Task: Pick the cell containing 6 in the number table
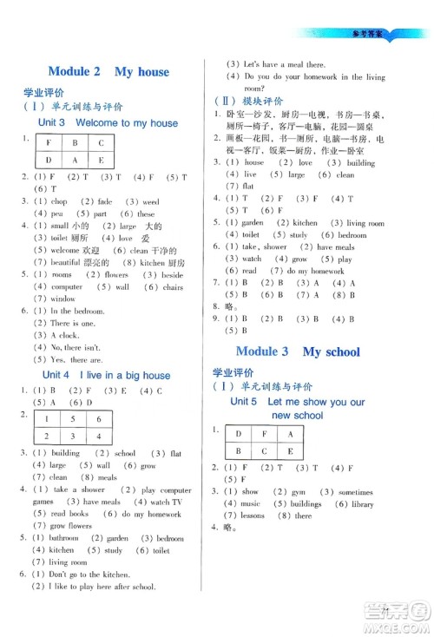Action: (101, 417)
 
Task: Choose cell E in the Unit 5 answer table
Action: (290, 450)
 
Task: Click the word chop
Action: (61, 200)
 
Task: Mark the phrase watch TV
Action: (165, 502)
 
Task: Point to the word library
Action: (362, 503)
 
